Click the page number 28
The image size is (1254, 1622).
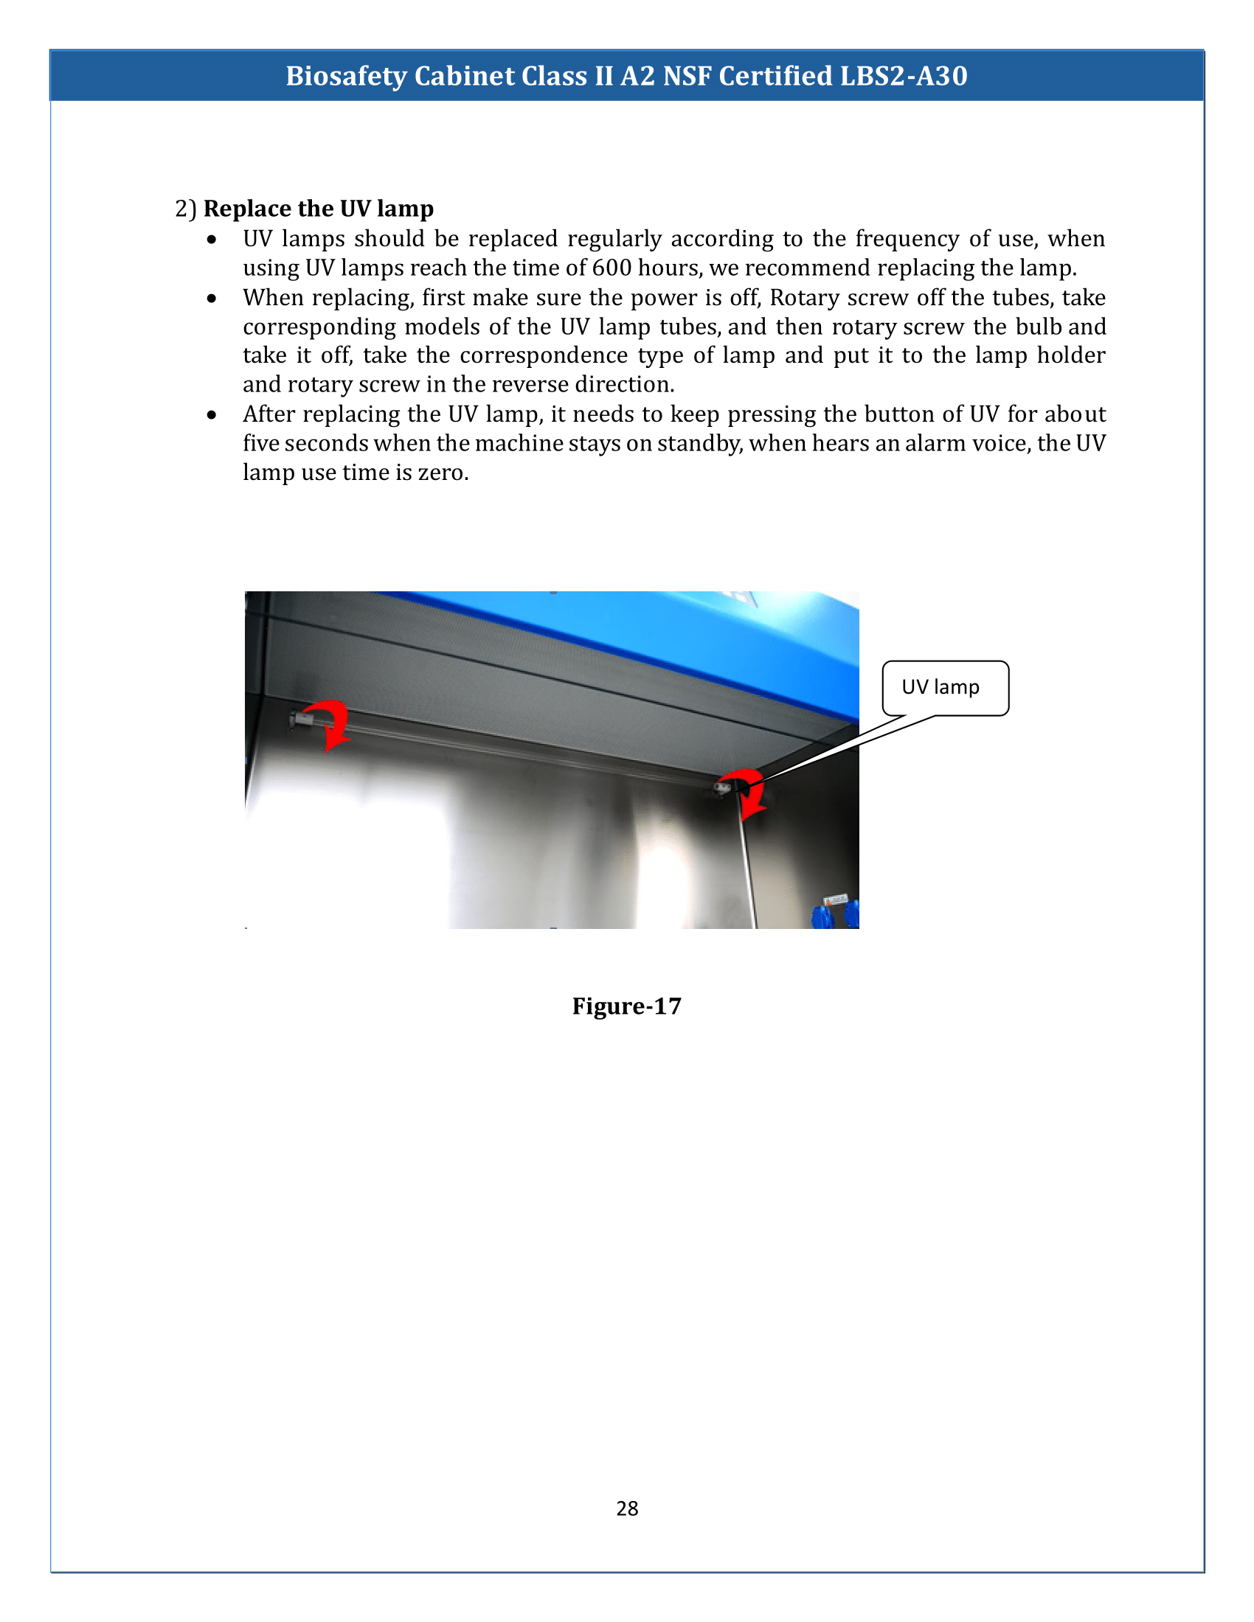[x=626, y=1508]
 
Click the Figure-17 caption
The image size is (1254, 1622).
[x=626, y=1006]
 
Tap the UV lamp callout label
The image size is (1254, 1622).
[x=940, y=686]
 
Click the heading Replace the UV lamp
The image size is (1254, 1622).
[x=318, y=209]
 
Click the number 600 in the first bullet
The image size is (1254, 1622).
[x=612, y=268]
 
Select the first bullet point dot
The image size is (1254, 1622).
[x=212, y=239]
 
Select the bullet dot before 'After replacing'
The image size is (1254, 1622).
[x=212, y=414]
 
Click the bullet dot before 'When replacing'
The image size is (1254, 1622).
[x=212, y=298]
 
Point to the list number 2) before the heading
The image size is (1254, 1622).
[x=185, y=209]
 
